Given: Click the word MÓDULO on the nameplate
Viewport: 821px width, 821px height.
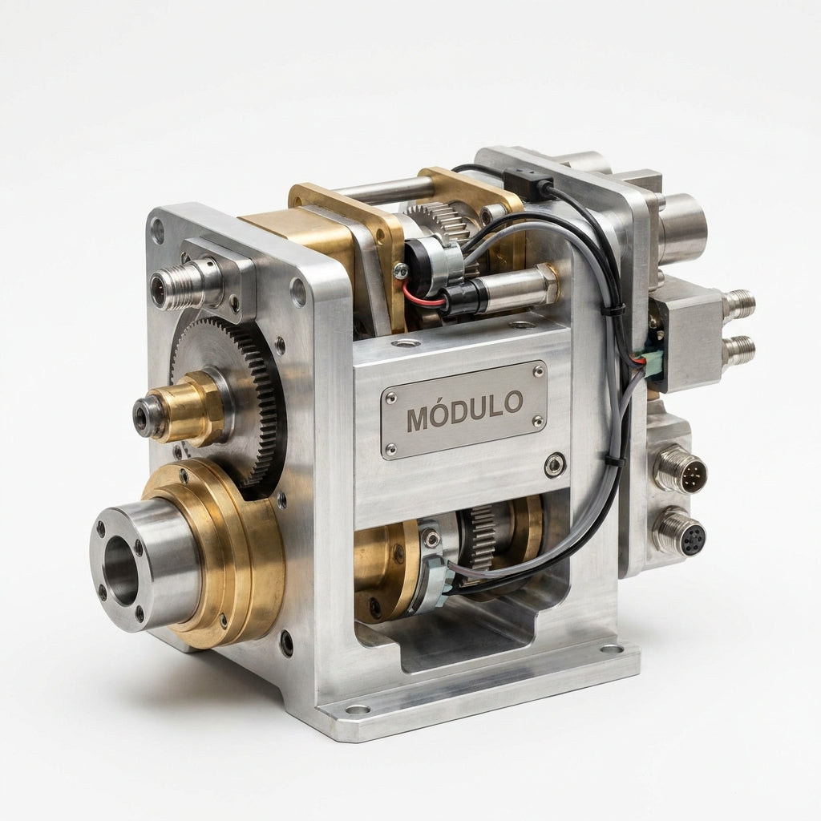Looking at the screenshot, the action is (x=464, y=410).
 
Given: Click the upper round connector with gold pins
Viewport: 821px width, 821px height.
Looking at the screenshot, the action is (x=680, y=467).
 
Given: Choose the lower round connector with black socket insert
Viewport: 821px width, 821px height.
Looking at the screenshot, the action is (x=680, y=533).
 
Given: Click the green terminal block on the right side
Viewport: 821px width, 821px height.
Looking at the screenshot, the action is (x=651, y=360).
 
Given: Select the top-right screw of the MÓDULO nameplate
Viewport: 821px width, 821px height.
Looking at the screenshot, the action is (x=537, y=371).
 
